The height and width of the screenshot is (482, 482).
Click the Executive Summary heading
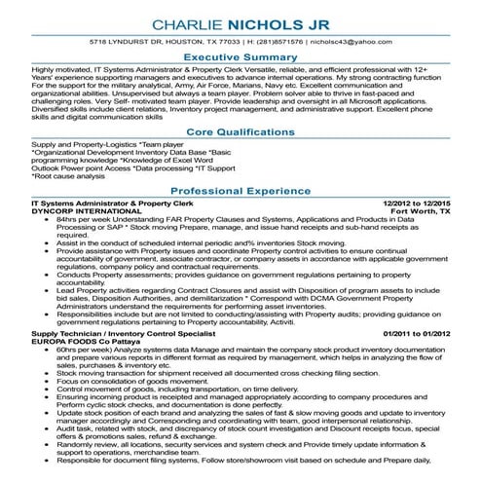(241, 59)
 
